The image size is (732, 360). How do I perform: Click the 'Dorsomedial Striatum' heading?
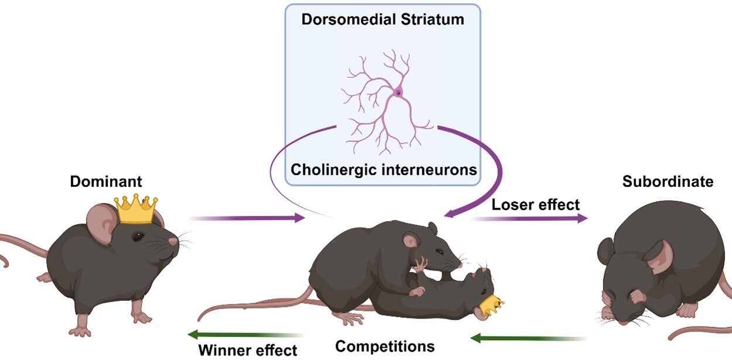coord(382,19)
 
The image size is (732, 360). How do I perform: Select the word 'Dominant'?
coord(106,181)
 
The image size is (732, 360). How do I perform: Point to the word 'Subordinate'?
coord(668,181)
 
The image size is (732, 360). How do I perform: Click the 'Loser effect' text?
coord(535,204)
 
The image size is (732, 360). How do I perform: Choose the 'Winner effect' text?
coord(248,351)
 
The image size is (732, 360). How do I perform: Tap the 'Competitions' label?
coord(385,346)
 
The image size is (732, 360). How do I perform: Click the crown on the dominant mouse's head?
coord(136,209)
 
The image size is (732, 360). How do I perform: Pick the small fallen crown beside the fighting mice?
coord(491,305)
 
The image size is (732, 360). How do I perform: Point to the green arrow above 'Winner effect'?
coord(246,335)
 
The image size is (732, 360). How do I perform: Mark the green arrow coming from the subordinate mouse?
coord(528,338)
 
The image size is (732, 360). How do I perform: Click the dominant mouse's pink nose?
coord(174,241)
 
